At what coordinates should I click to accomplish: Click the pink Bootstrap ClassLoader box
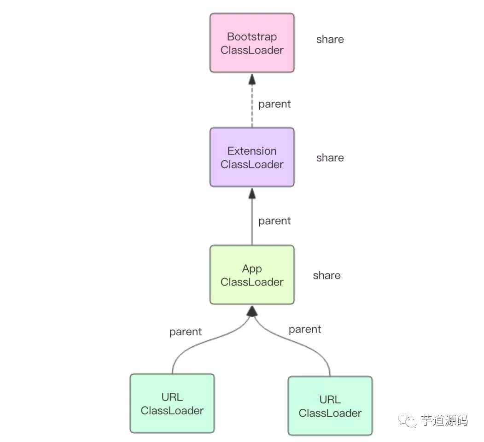(252, 43)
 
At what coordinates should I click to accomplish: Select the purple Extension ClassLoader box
(252, 157)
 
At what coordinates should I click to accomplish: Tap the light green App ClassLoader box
(252, 275)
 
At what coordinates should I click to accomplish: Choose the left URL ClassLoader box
(172, 403)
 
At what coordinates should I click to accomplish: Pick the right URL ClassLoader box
(330, 406)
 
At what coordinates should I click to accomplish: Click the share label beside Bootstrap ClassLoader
(330, 40)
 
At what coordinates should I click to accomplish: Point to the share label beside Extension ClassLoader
(330, 158)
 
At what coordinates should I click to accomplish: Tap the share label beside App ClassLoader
(327, 276)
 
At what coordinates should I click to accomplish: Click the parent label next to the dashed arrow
(274, 105)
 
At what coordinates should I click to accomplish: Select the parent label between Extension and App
(274, 221)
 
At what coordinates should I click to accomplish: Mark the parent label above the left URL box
(186, 332)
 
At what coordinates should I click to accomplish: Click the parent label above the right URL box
(305, 330)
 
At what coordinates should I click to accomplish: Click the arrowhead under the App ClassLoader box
(252, 311)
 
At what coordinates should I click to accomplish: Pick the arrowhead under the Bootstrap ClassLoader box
(252, 79)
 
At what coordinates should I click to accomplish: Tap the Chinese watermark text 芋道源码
(444, 420)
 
